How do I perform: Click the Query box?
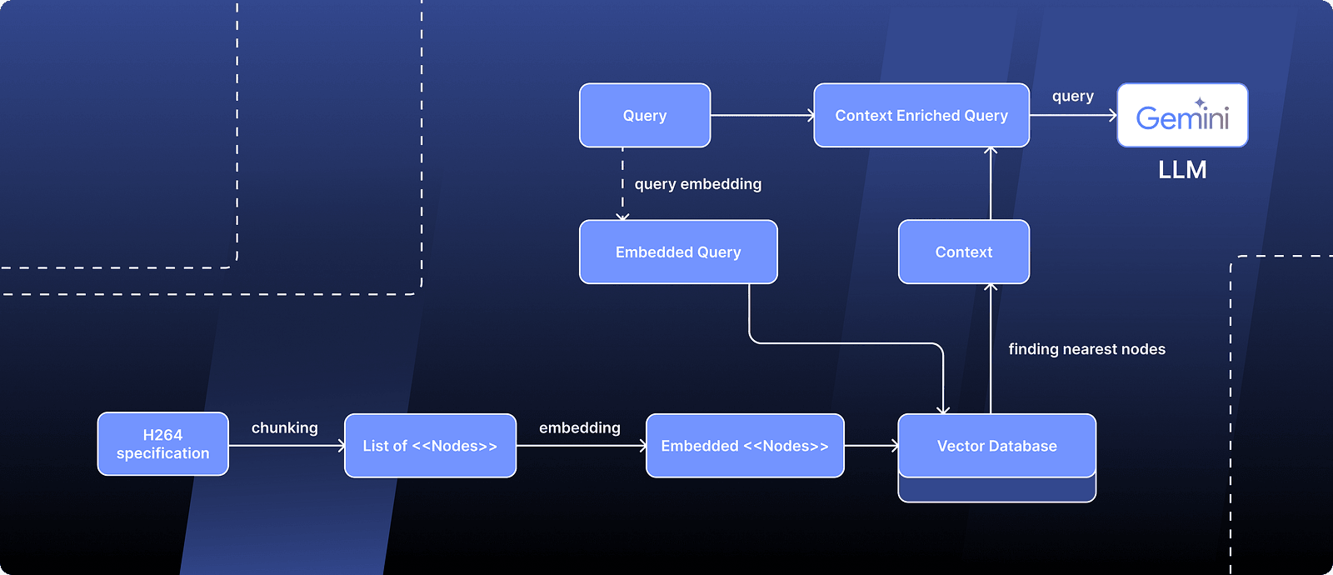coord(645,116)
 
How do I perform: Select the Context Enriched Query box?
coord(921,116)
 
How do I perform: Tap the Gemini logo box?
coord(1182,116)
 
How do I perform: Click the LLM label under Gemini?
coord(1182,170)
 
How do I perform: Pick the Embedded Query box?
coord(678,252)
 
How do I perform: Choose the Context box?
coord(964,252)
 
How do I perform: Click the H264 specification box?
coord(163,444)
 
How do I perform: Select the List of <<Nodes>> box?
coord(430,446)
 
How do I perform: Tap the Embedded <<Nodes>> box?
coord(745,446)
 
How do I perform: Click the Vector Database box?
coord(996,446)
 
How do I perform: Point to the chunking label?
coord(285,427)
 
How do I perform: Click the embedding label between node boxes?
coord(580,427)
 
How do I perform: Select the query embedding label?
coord(698,184)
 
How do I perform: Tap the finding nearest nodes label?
coord(1086,349)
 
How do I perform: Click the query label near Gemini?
coord(1073,97)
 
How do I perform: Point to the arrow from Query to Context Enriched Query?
coord(761,116)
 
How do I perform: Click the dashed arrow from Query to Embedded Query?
coord(622,183)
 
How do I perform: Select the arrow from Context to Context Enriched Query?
coord(991,183)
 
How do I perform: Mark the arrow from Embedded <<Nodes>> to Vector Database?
coord(871,446)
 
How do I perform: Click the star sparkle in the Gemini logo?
coord(1200,102)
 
